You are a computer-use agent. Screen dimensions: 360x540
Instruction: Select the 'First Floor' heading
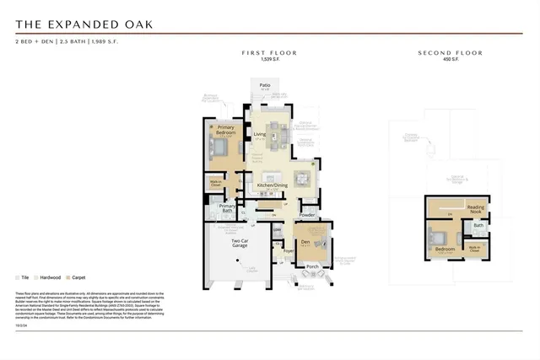point(269,53)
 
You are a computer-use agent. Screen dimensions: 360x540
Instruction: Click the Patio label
point(264,85)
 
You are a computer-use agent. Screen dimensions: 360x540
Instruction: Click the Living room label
point(260,134)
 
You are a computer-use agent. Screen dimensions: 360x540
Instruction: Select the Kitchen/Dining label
point(273,185)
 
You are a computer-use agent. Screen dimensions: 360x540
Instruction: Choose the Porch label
point(312,266)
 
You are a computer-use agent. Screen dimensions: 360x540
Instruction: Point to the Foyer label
point(289,250)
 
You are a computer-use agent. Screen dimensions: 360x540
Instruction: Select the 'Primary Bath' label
point(227,207)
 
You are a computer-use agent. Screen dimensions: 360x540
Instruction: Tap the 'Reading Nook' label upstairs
point(476,208)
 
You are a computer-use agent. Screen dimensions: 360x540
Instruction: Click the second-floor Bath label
point(478,225)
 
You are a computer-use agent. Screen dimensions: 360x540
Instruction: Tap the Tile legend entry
point(23,277)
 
